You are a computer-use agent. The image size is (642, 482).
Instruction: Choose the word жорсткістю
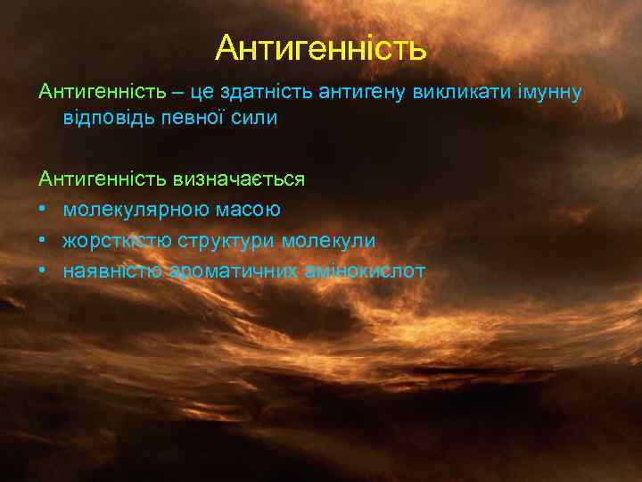(117, 241)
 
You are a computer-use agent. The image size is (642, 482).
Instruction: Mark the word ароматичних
(229, 271)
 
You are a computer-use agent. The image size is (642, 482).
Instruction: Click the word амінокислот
(362, 271)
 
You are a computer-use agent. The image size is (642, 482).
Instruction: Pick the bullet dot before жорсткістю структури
(43, 241)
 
